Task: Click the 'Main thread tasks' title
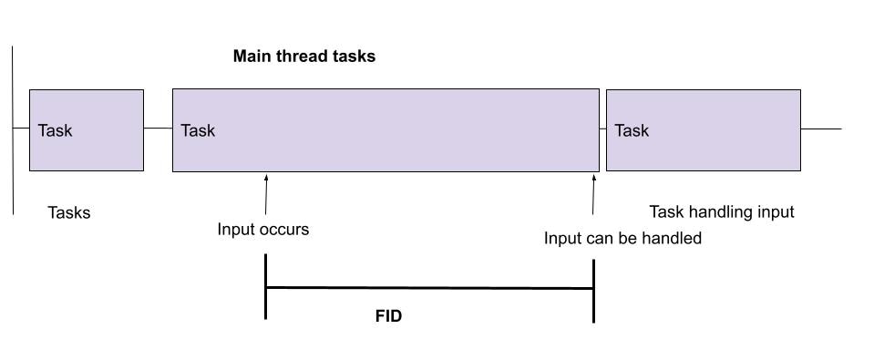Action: (x=303, y=57)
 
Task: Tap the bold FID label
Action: (x=389, y=317)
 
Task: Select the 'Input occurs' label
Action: (x=262, y=230)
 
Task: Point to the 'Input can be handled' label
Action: (x=622, y=239)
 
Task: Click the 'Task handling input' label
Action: (x=721, y=212)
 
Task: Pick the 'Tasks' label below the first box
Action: (x=69, y=213)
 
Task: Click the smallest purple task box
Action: (x=87, y=130)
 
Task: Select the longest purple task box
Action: (x=386, y=130)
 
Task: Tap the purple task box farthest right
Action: (x=703, y=130)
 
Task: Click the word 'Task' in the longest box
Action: (x=198, y=131)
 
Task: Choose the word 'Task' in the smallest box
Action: (x=55, y=131)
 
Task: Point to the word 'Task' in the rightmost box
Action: (x=632, y=131)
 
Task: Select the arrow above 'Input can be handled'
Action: (x=593, y=194)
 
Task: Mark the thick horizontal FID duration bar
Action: (x=429, y=288)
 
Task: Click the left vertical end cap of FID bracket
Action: (x=266, y=286)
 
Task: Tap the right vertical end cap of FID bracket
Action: (x=594, y=291)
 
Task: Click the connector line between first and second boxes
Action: (x=158, y=129)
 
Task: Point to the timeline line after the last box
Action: (x=820, y=129)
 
